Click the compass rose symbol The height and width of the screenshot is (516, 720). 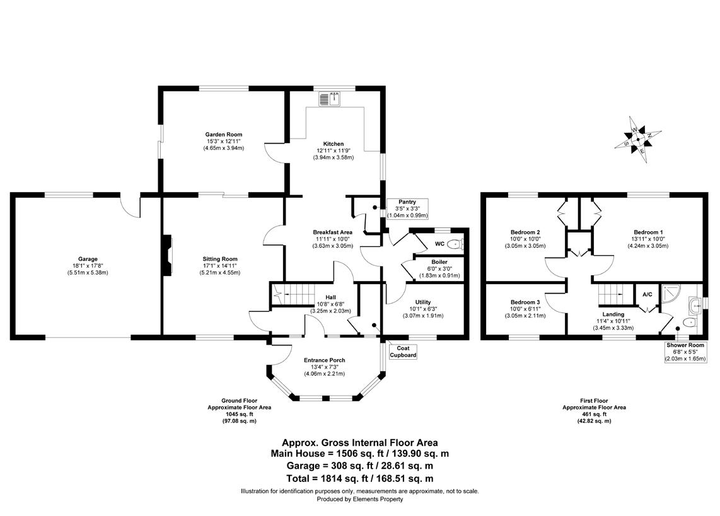(x=638, y=139)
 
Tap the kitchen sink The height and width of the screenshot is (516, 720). (x=330, y=99)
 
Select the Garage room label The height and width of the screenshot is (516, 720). (x=88, y=259)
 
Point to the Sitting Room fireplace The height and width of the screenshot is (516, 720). (x=168, y=255)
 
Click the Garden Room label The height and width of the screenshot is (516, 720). (x=223, y=134)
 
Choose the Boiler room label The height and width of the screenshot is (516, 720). (x=439, y=262)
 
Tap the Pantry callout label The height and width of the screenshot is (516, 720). (x=407, y=202)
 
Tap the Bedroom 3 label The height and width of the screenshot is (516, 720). (x=525, y=302)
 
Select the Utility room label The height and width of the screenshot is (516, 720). (x=422, y=302)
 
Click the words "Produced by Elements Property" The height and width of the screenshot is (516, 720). (x=359, y=499)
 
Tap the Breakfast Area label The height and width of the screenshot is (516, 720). (x=334, y=232)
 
